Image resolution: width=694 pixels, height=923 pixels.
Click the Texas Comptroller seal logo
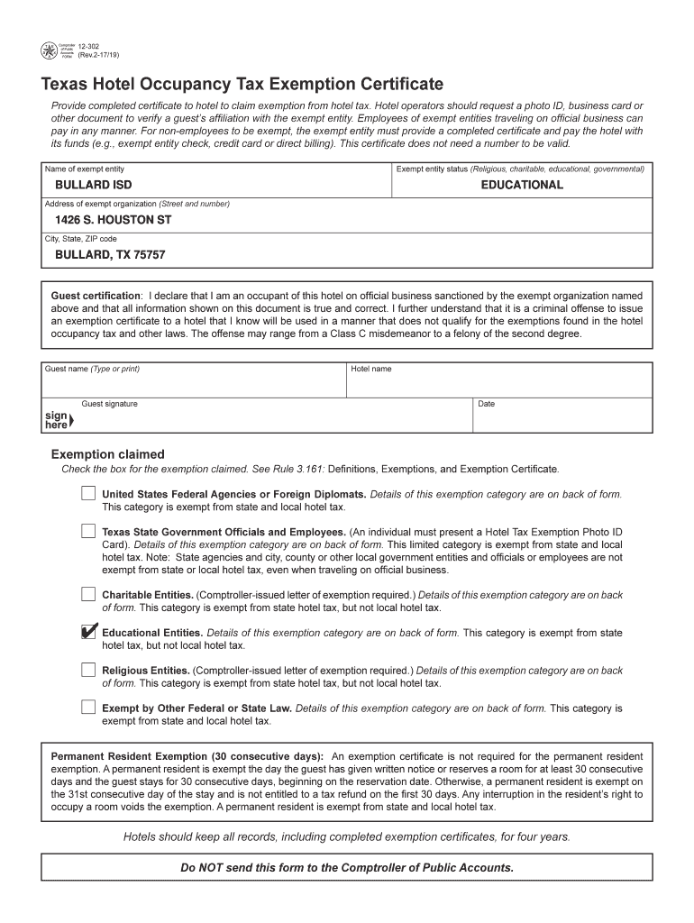pyautogui.click(x=50, y=51)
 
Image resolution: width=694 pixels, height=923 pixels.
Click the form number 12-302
pyautogui.click(x=88, y=46)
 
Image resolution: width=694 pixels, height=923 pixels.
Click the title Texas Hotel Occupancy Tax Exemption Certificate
pyautogui.click(x=242, y=85)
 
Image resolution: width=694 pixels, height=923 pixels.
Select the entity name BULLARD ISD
pyautogui.click(x=94, y=185)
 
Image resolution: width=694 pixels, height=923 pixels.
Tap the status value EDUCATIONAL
pyautogui.click(x=522, y=185)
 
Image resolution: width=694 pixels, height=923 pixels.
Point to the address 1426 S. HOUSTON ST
pyautogui.click(x=114, y=220)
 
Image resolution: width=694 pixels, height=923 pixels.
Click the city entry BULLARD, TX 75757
pyautogui.click(x=111, y=255)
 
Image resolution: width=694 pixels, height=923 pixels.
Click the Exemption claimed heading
pyautogui.click(x=108, y=454)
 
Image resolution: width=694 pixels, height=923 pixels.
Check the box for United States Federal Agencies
pyautogui.click(x=87, y=494)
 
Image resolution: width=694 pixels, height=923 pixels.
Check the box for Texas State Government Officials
pyautogui.click(x=87, y=531)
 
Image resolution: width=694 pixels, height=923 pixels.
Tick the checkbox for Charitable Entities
pyautogui.click(x=87, y=594)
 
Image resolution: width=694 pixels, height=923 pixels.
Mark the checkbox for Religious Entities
pyautogui.click(x=87, y=670)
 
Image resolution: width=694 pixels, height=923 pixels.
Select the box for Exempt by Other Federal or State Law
pyautogui.click(x=87, y=708)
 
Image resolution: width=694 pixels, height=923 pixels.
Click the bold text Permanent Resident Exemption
pyautogui.click(x=187, y=755)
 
